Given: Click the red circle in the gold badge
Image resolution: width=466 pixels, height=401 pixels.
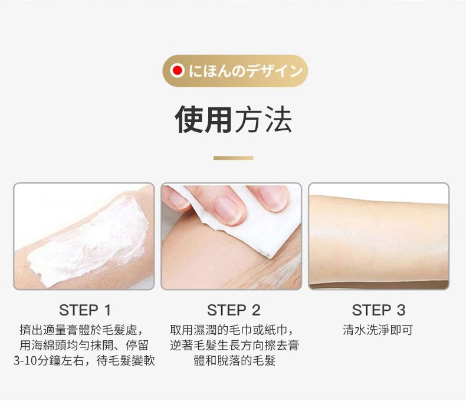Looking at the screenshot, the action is click(178, 71).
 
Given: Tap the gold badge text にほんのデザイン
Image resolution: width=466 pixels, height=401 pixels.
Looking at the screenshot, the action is click(246, 71).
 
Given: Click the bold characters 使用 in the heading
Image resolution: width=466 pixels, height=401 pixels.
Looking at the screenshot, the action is click(204, 119).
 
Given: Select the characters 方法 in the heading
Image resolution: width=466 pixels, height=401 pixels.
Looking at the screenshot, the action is click(263, 119).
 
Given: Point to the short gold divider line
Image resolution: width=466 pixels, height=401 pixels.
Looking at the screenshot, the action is click(234, 158).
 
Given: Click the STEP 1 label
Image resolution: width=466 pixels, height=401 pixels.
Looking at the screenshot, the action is click(85, 310).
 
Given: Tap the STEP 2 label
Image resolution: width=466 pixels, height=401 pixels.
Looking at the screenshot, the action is click(234, 310).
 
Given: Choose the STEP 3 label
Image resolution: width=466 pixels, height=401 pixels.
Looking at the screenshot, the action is click(379, 310).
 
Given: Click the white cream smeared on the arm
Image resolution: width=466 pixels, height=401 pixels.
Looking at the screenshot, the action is click(89, 241).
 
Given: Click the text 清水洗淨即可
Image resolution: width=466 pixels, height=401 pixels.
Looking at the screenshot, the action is click(378, 330).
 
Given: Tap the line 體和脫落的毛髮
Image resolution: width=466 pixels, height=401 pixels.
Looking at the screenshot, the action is click(235, 360).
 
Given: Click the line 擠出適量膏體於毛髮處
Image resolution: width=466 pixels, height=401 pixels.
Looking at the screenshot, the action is click(78, 330).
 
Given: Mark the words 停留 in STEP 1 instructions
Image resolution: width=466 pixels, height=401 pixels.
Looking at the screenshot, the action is click(137, 346).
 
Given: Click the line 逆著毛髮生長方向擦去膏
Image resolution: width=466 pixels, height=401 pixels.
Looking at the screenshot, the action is click(235, 346).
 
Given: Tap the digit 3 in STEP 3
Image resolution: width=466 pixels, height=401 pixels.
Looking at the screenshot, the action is click(401, 310).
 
